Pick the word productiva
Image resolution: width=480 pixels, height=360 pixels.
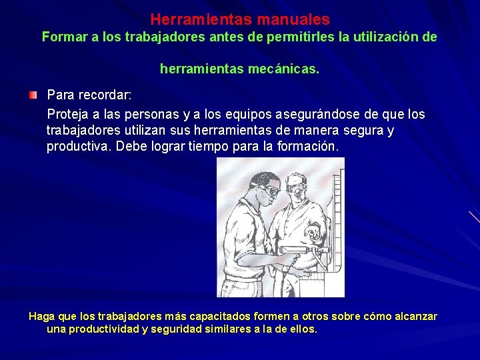[x=77, y=146]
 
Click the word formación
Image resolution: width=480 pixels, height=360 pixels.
[x=307, y=146]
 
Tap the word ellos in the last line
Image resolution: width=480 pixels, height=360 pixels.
[x=302, y=329]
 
